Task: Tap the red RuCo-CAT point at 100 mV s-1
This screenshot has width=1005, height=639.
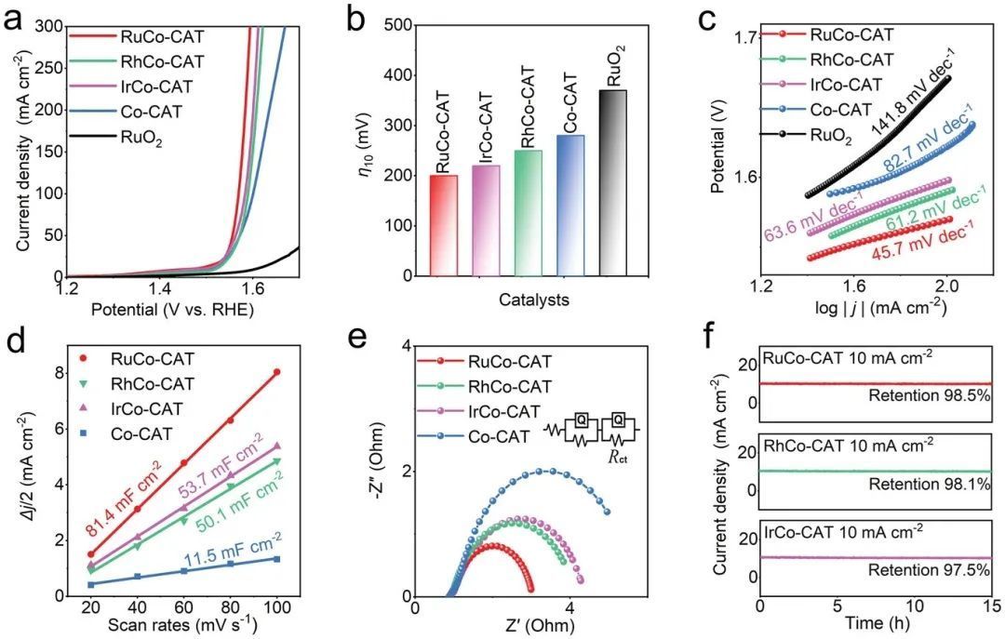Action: [x=276, y=372]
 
